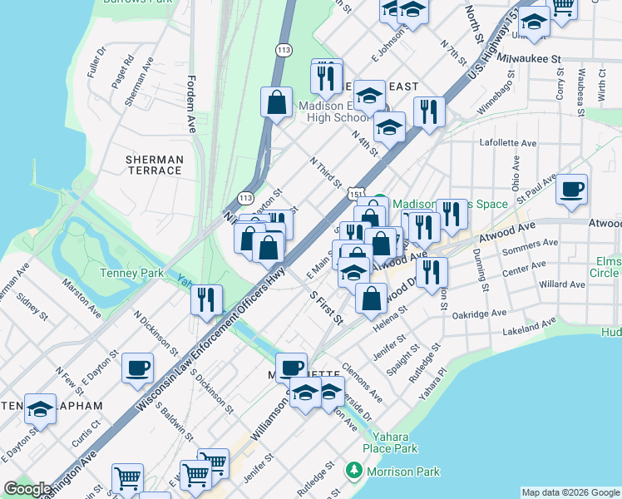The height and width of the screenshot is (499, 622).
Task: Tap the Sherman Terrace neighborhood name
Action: click(x=154, y=165)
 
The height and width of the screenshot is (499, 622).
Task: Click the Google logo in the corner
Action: click(x=27, y=489)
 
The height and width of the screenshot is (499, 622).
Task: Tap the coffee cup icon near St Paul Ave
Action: click(x=572, y=189)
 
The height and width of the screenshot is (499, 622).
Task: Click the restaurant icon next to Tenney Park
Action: click(x=206, y=300)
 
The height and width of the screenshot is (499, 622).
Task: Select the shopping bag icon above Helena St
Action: click(x=371, y=298)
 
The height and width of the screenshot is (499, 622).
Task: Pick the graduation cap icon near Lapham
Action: click(x=40, y=408)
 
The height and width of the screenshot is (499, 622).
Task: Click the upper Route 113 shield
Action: click(x=284, y=51)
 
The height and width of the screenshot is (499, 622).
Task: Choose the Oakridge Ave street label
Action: click(x=479, y=314)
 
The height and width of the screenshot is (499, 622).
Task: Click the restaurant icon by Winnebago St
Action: click(x=429, y=112)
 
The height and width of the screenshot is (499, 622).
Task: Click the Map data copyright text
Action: click(x=570, y=492)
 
